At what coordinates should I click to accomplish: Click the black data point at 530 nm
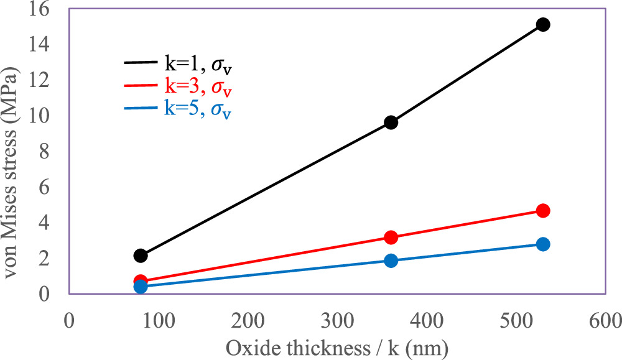click(x=542, y=25)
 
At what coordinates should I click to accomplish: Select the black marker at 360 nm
click(x=391, y=122)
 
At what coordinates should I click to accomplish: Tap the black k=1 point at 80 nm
click(x=141, y=256)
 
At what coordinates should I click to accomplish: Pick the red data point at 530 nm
click(x=542, y=211)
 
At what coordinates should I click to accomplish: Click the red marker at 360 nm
click(x=391, y=238)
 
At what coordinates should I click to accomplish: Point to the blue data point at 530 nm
click(x=542, y=244)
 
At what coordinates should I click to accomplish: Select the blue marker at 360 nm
click(x=391, y=261)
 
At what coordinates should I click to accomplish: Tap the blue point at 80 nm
click(x=141, y=287)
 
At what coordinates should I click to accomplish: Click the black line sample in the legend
click(x=144, y=62)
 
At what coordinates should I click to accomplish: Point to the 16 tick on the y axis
click(x=50, y=9)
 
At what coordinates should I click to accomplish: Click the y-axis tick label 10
click(x=50, y=116)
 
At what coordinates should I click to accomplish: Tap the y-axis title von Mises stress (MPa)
click(x=14, y=150)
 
